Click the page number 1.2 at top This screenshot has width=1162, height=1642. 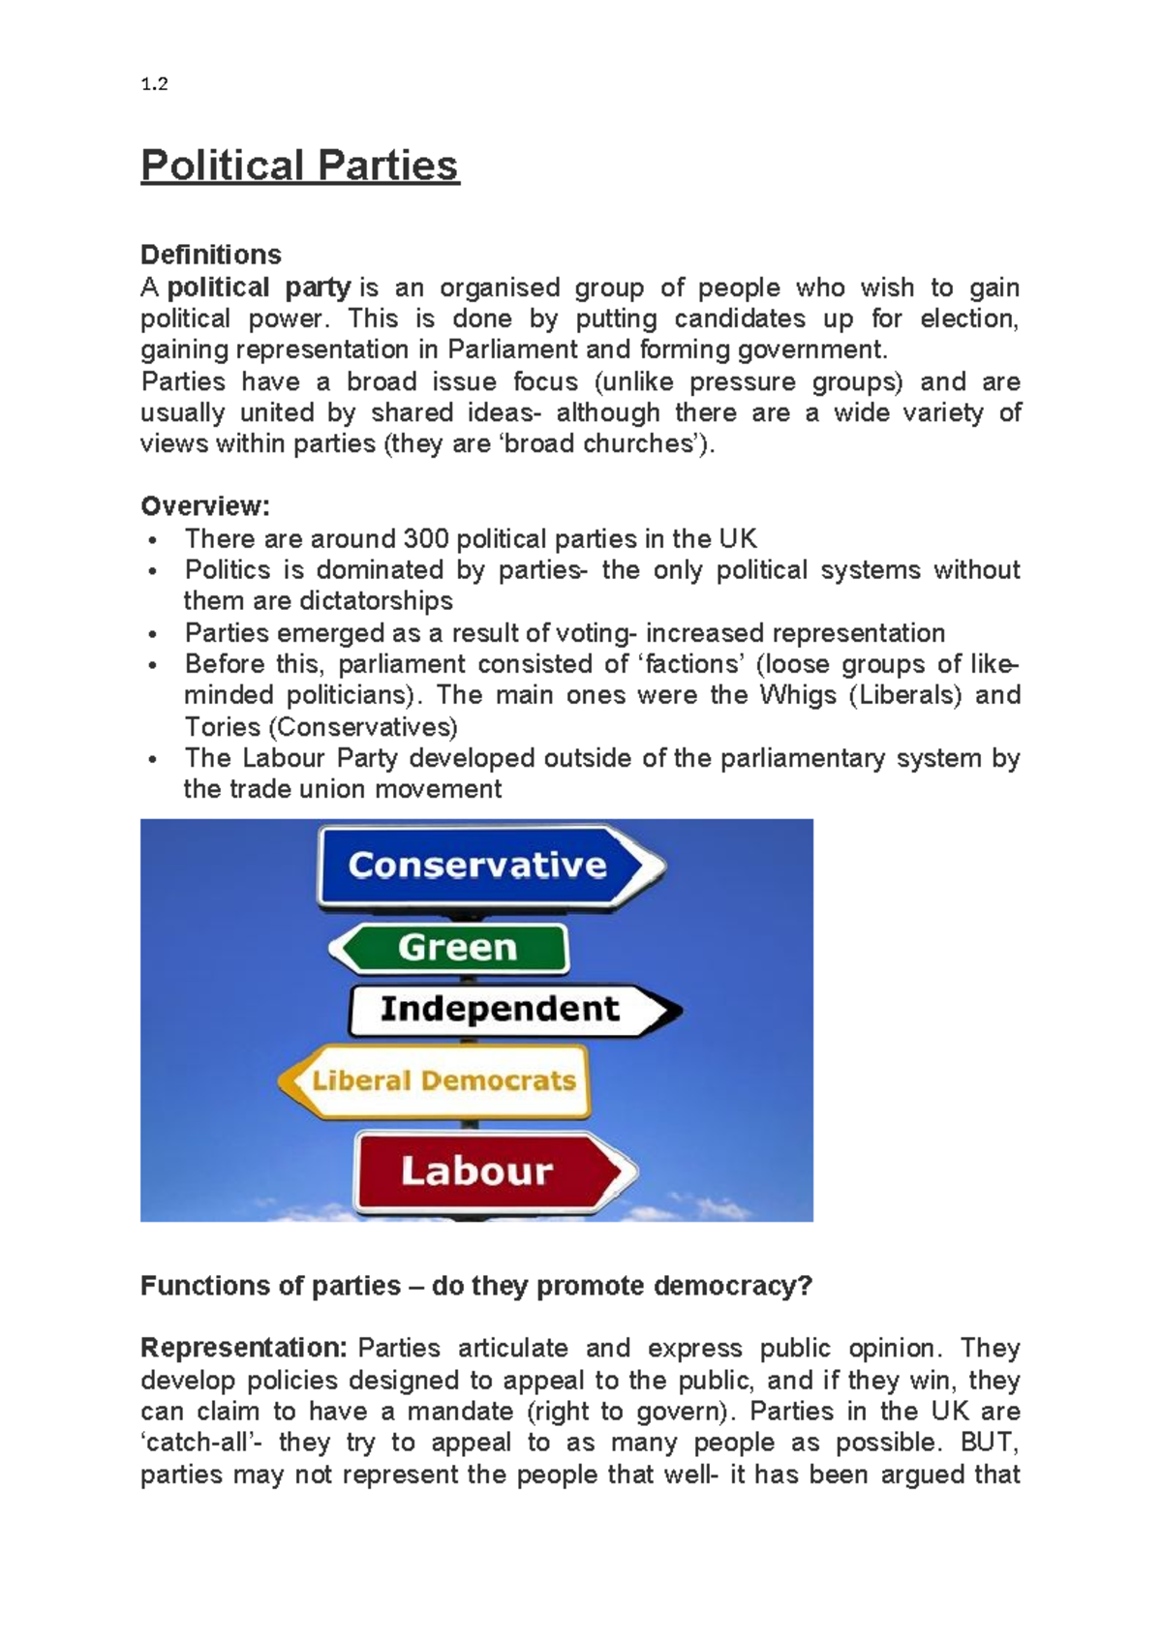(x=154, y=84)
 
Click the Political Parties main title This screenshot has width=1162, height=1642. (x=299, y=165)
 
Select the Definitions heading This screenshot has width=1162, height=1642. (x=210, y=255)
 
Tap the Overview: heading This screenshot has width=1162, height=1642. (x=204, y=506)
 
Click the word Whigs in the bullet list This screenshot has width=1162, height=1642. (x=798, y=695)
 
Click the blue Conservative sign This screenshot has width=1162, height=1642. (x=479, y=866)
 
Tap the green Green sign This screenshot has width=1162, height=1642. (x=456, y=948)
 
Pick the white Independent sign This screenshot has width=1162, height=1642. (x=500, y=1010)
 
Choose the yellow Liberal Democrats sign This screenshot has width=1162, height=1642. (x=443, y=1081)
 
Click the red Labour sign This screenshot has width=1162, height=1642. (x=478, y=1171)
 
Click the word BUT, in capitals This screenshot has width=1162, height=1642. (x=989, y=1443)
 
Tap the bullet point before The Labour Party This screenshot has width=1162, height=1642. (x=152, y=760)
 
